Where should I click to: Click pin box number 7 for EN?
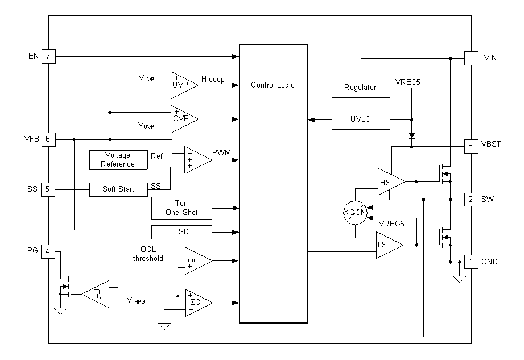(48, 56)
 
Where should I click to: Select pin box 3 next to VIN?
(471, 57)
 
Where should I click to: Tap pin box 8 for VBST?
(471, 144)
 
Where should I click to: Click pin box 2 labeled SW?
(471, 200)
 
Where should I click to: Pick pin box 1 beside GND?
(471, 262)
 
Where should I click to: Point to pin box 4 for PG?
(48, 251)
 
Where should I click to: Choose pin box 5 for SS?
(48, 189)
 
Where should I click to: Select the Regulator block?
(360, 88)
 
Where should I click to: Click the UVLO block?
(360, 119)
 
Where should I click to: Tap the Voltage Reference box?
(118, 159)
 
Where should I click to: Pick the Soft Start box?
(118, 189)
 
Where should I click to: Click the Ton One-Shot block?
(181, 208)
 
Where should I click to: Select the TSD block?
(181, 232)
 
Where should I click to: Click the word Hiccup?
(213, 80)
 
